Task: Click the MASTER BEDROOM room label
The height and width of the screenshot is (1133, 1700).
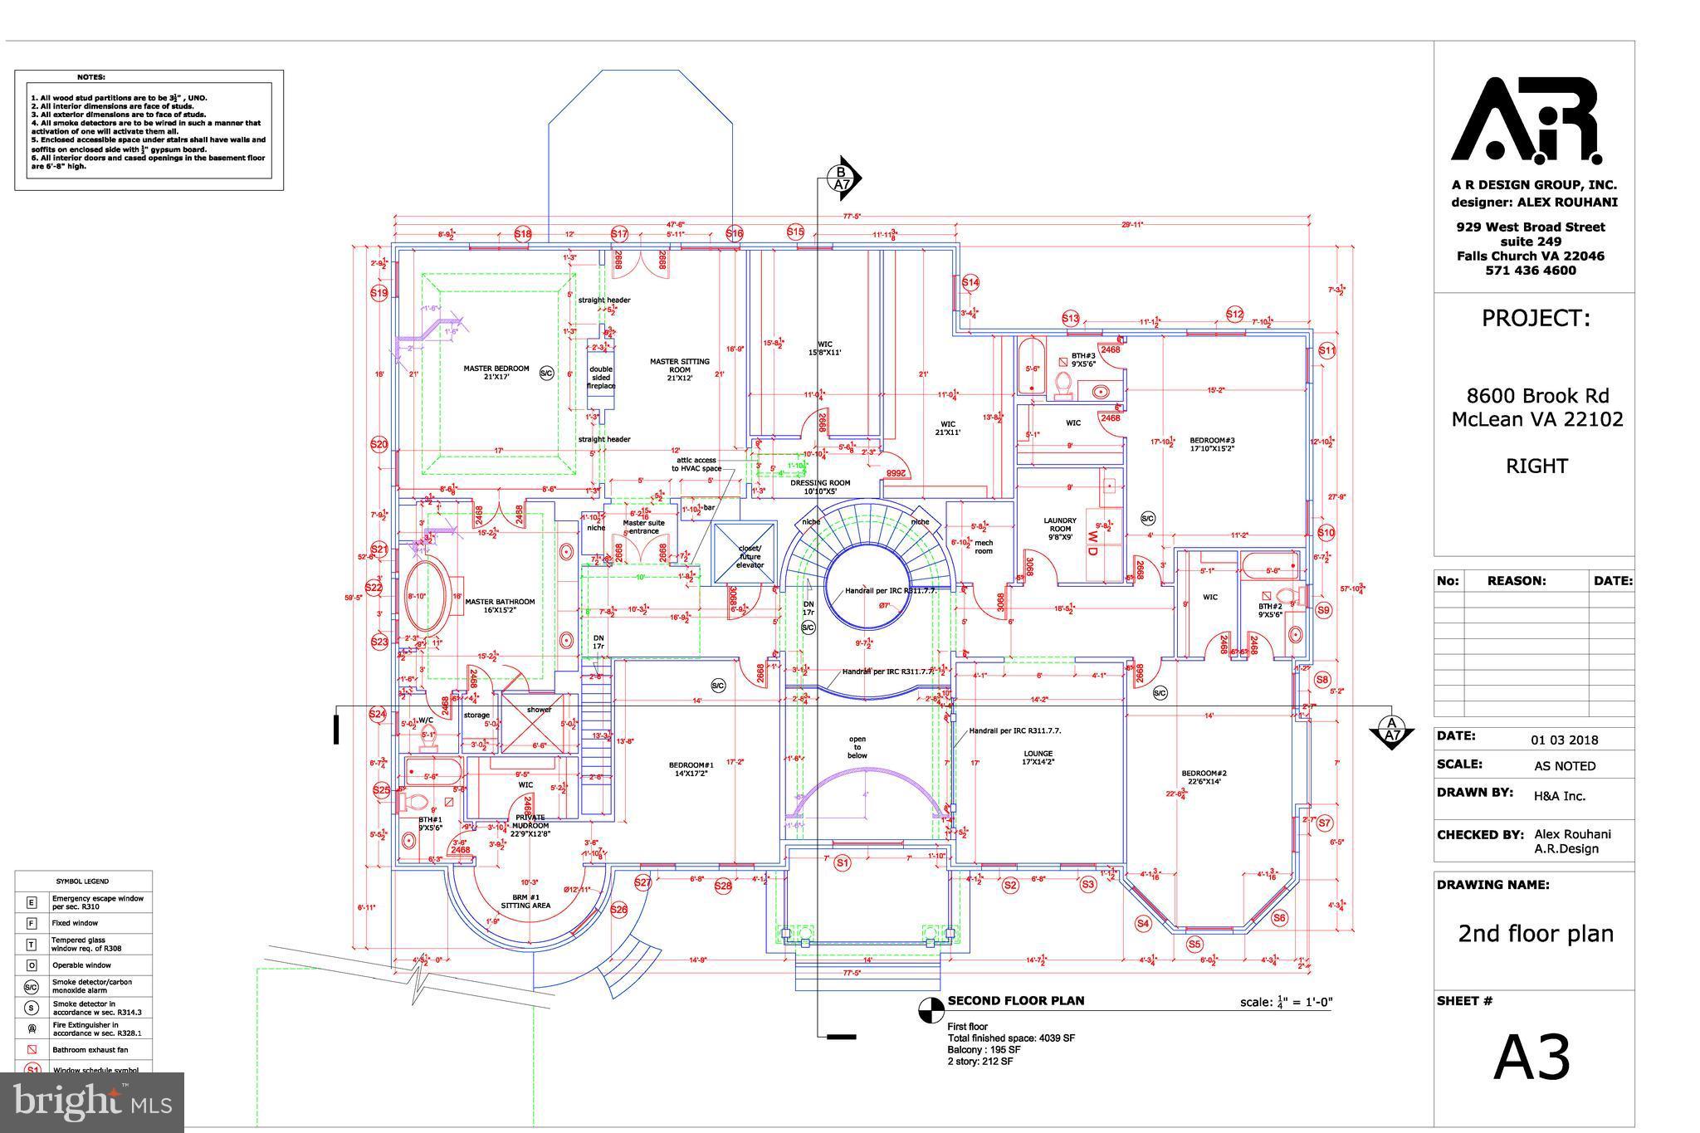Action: [x=496, y=372]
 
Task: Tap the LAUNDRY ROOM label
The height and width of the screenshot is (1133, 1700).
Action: [x=1060, y=528]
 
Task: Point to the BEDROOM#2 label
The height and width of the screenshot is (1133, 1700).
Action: [x=1204, y=778]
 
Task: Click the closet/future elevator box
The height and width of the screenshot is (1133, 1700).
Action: [x=745, y=551]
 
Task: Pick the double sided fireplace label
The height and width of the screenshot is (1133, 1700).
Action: [x=601, y=378]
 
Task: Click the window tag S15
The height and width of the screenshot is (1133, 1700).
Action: [x=795, y=232]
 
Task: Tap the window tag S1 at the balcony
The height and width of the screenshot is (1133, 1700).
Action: [x=843, y=863]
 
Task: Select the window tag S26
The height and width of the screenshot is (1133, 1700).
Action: [x=618, y=910]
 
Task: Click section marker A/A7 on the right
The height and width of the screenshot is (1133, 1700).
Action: [x=1392, y=729]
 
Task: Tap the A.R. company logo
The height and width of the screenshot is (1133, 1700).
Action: [x=1526, y=120]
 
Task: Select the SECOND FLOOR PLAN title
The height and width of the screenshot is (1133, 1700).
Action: [x=1015, y=1000]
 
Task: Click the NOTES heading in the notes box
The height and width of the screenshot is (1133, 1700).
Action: [x=91, y=77]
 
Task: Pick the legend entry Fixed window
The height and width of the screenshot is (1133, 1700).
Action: [x=75, y=923]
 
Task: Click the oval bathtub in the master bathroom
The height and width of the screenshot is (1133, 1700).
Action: [x=426, y=596]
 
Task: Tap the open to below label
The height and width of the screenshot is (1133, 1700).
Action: [x=857, y=747]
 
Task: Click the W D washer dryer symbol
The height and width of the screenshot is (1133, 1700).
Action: [x=1093, y=545]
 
